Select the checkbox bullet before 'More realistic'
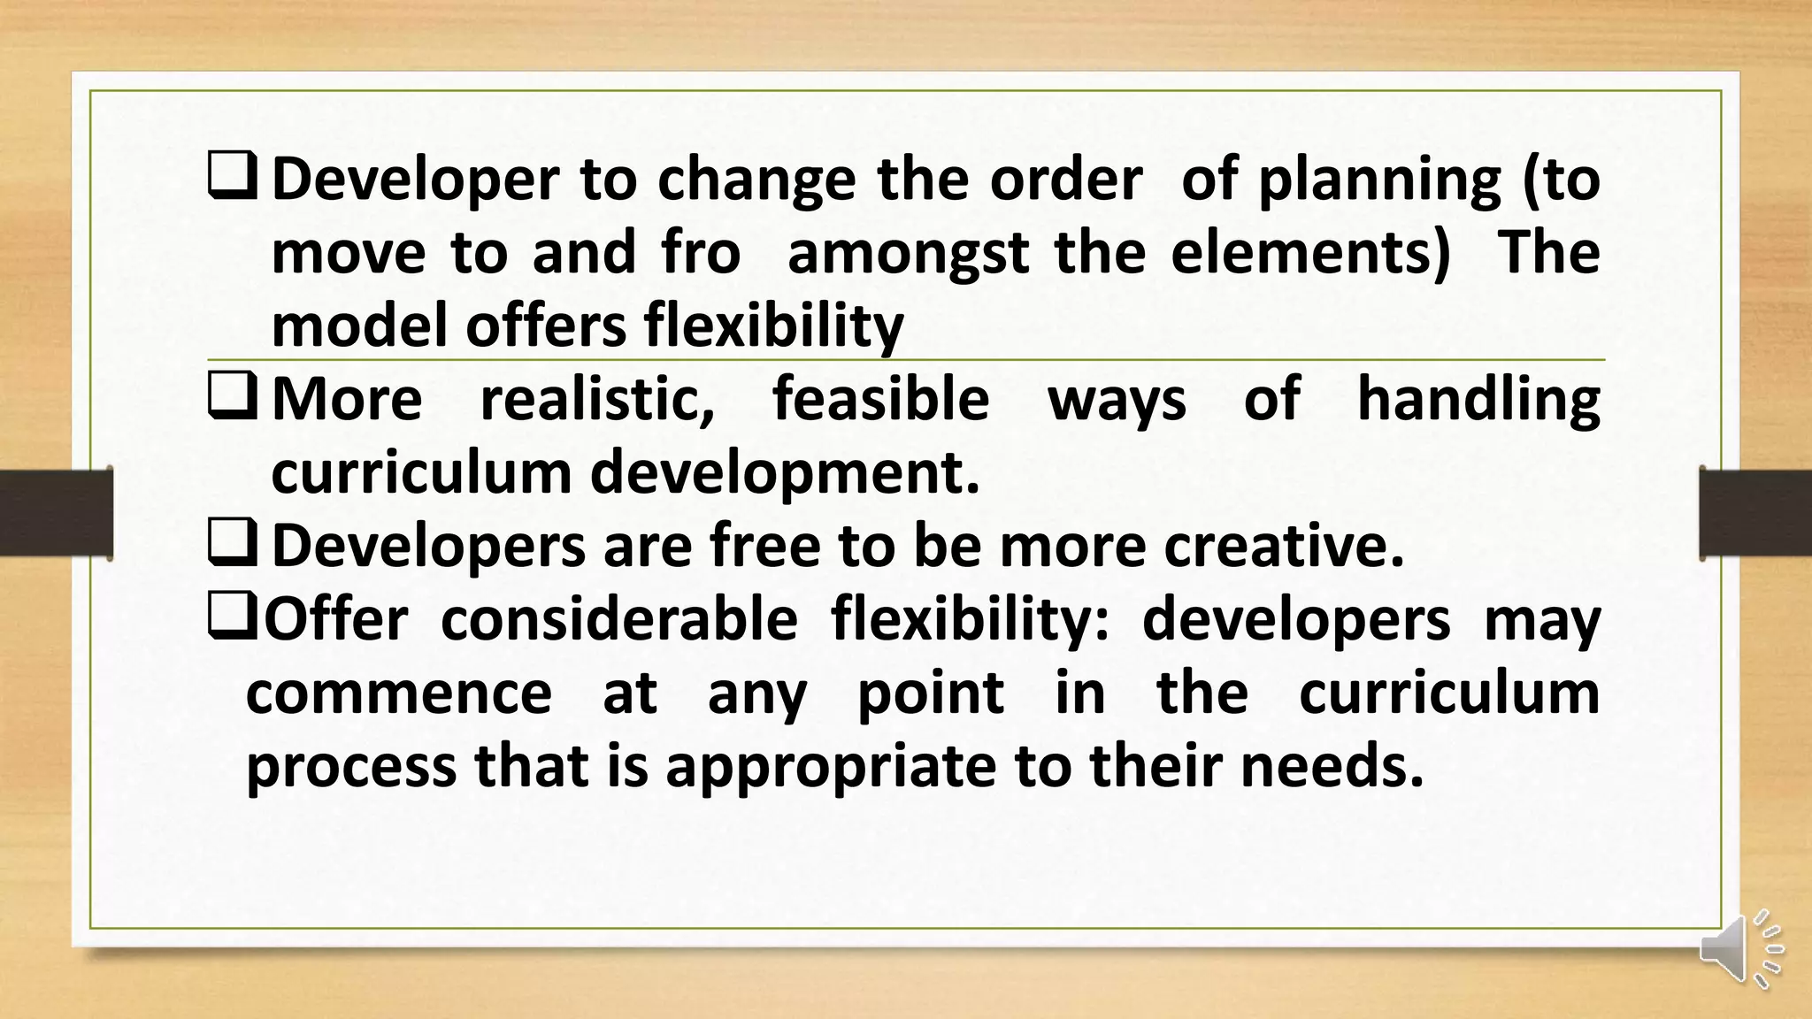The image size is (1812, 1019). (233, 396)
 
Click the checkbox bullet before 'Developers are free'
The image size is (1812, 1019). (233, 543)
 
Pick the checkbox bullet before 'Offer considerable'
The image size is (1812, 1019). (232, 617)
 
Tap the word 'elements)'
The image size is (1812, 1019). (1310, 252)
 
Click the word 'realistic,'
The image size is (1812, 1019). (597, 400)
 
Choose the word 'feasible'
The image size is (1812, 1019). (880, 399)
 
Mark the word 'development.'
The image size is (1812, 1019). (785, 473)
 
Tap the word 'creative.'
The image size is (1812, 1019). (1284, 546)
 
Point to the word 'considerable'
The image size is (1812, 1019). (619, 619)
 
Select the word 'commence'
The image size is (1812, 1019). (399, 693)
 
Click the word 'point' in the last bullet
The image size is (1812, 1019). (931, 694)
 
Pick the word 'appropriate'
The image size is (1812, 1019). (831, 768)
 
